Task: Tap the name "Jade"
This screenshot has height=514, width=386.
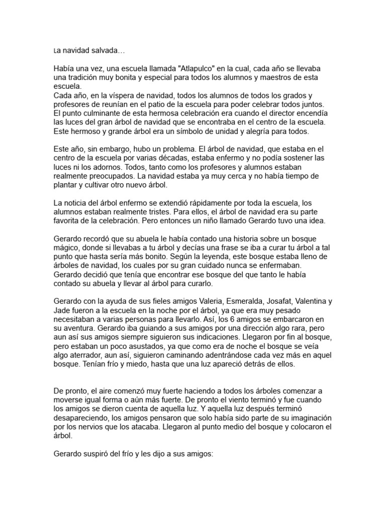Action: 61,310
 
